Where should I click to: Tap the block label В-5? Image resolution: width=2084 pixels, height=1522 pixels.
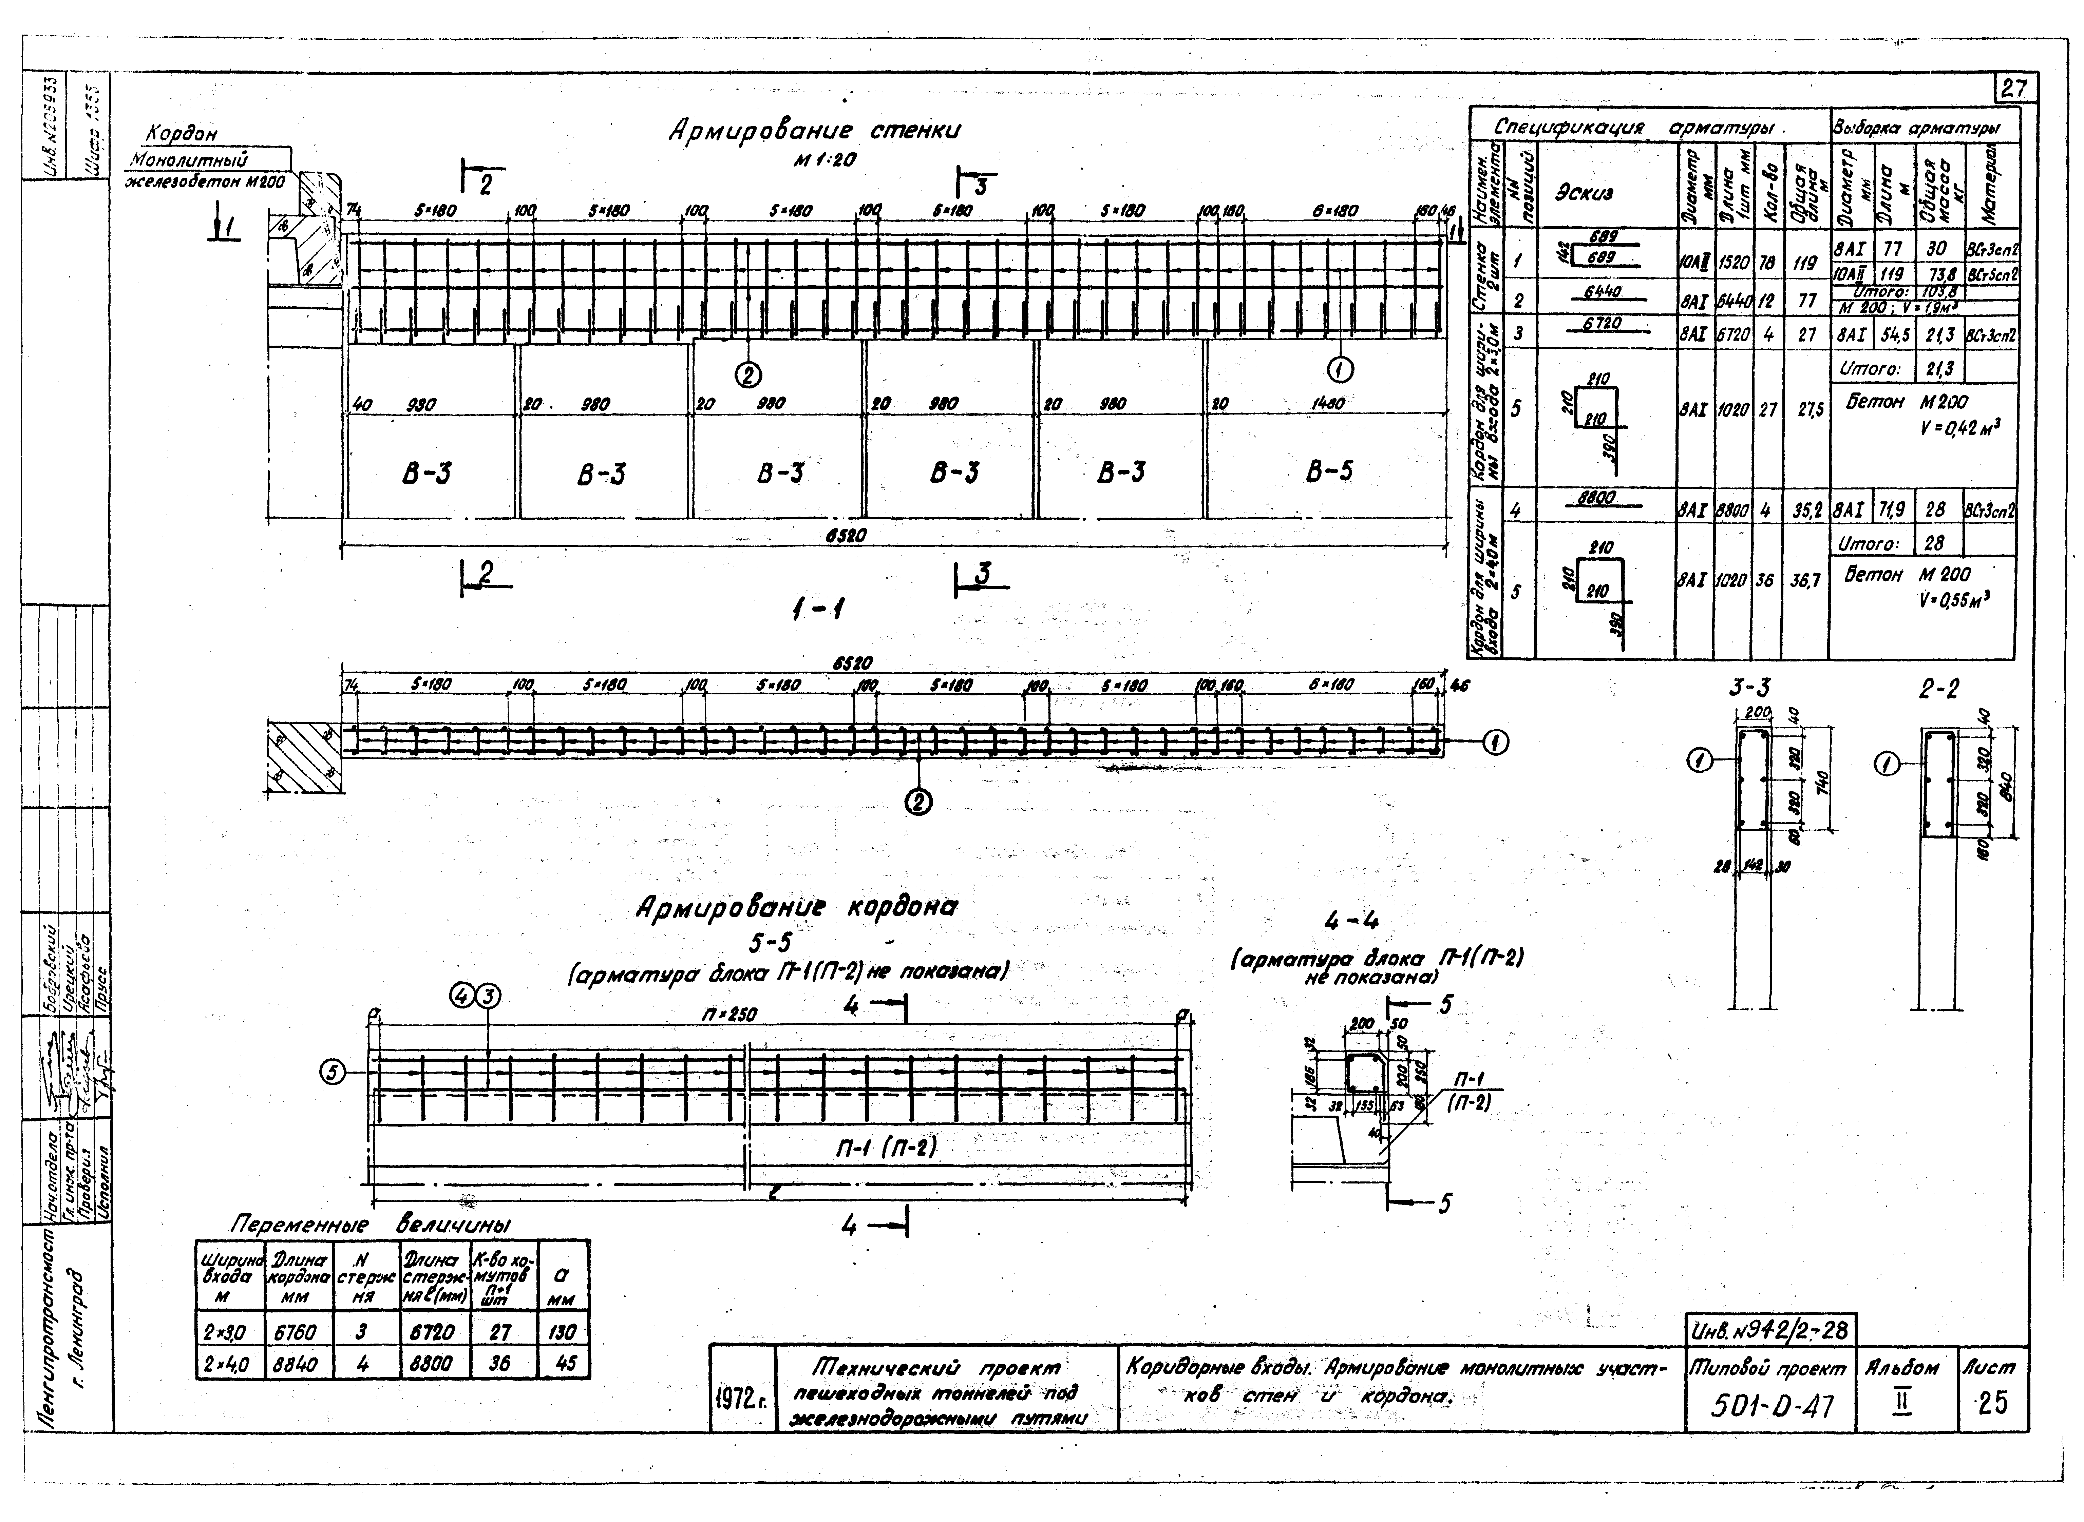click(x=1329, y=472)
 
